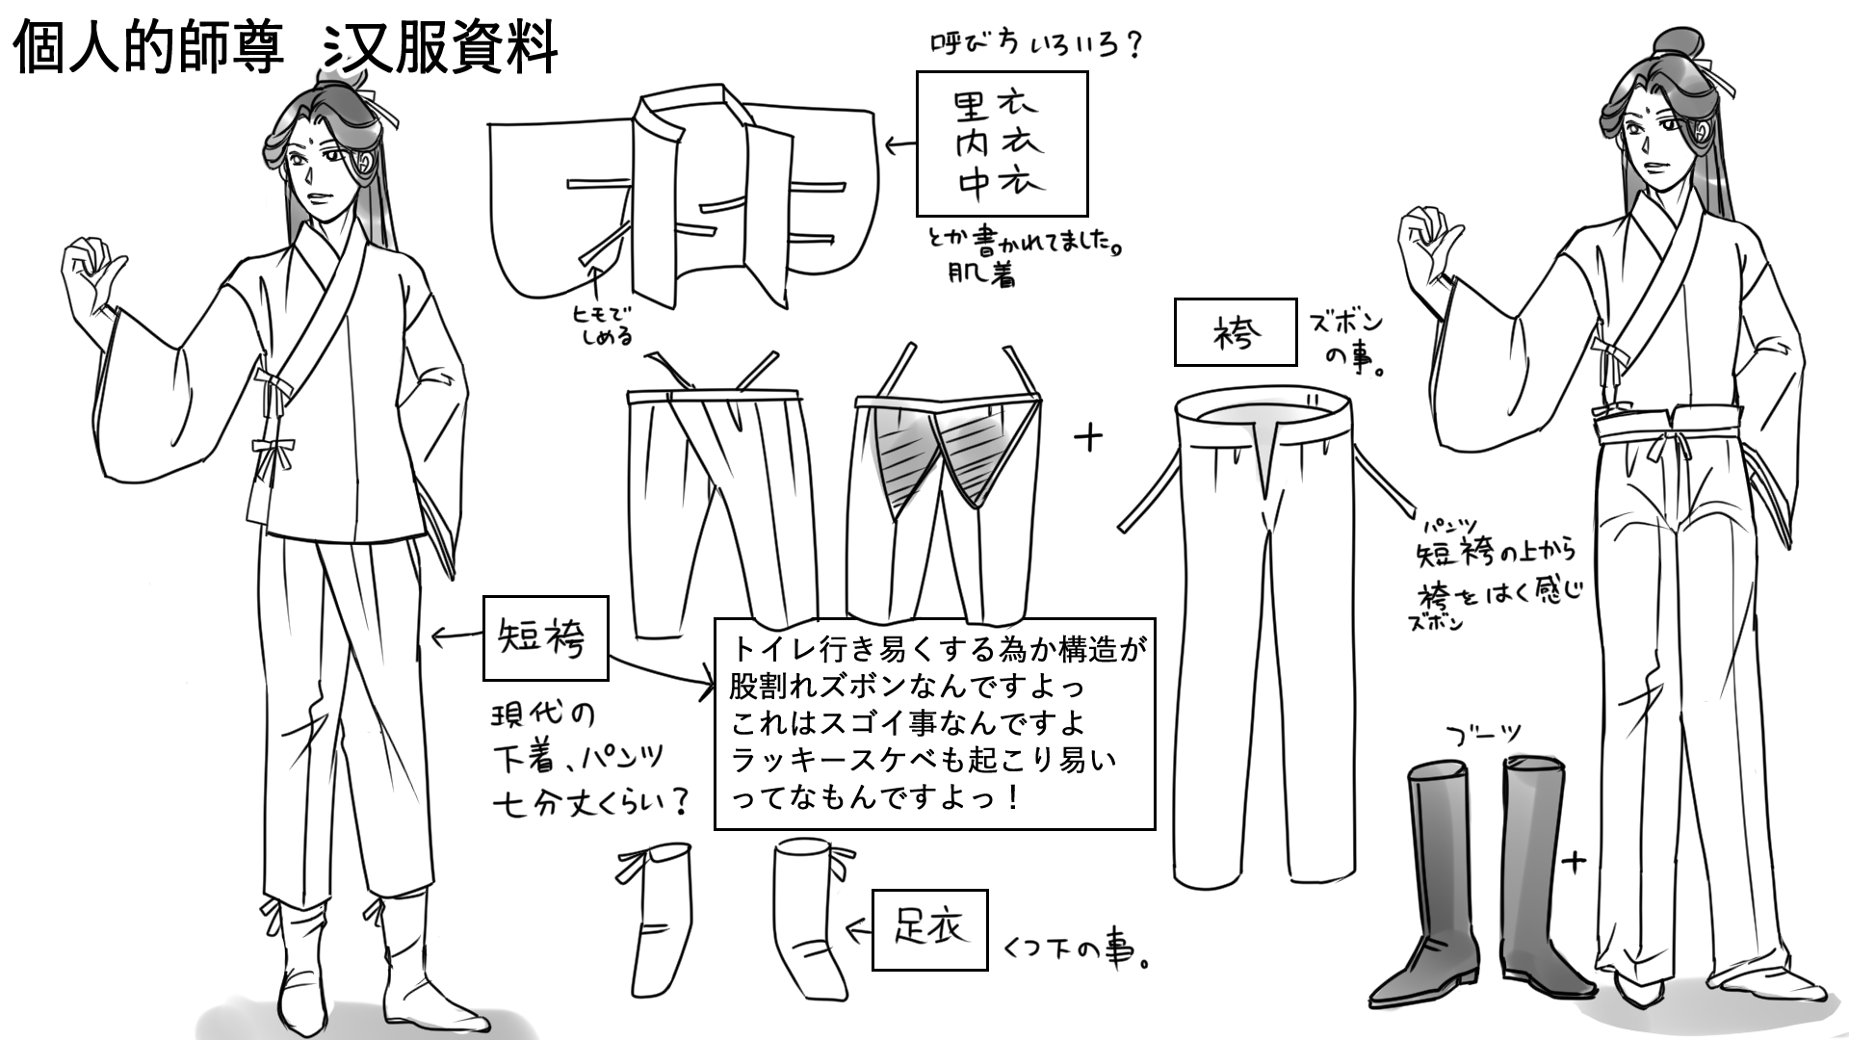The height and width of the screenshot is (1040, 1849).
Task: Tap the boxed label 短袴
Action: tap(545, 637)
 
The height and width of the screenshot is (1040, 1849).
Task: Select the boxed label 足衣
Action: tap(929, 929)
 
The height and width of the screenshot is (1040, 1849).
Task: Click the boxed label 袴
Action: tap(1235, 332)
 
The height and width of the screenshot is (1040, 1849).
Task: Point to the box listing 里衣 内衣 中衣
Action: tap(1001, 143)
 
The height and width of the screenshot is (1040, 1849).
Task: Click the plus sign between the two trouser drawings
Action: tap(1089, 439)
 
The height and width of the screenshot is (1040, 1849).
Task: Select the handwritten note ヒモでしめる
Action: tap(603, 325)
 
